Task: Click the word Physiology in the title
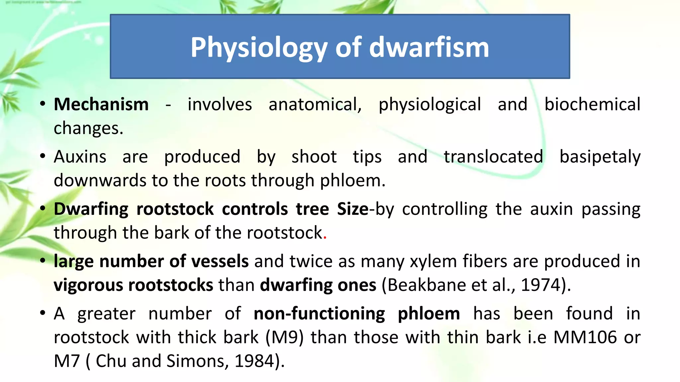click(259, 47)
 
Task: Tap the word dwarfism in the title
click(429, 47)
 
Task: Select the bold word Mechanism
click(101, 104)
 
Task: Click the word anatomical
click(315, 104)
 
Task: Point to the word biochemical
click(592, 104)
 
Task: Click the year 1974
click(541, 285)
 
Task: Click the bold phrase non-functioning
click(319, 314)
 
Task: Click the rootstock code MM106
click(585, 337)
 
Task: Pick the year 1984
click(254, 361)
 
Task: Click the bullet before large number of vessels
click(42, 261)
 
